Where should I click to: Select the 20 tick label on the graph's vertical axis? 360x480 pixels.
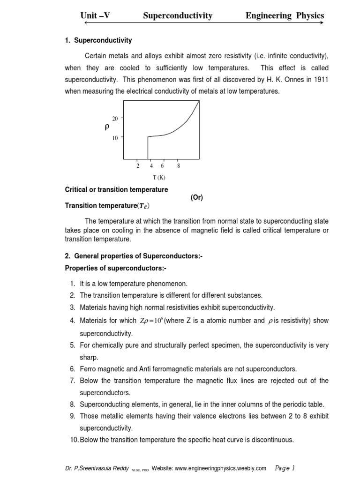click(115, 119)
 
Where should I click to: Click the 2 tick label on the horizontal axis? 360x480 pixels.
click(138, 166)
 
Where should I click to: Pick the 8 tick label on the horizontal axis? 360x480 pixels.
click(179, 166)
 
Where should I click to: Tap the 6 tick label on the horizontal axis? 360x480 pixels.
click(162, 166)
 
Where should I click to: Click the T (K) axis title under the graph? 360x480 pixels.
click(159, 177)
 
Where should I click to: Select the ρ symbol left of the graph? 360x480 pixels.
click(107, 127)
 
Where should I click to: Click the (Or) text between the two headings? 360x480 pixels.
click(196, 197)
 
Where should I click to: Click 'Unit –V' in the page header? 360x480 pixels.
click(95, 16)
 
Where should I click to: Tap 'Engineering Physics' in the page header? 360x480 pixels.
click(285, 16)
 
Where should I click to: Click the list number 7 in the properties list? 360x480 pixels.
click(73, 381)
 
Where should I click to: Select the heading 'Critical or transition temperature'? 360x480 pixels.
click(116, 190)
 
